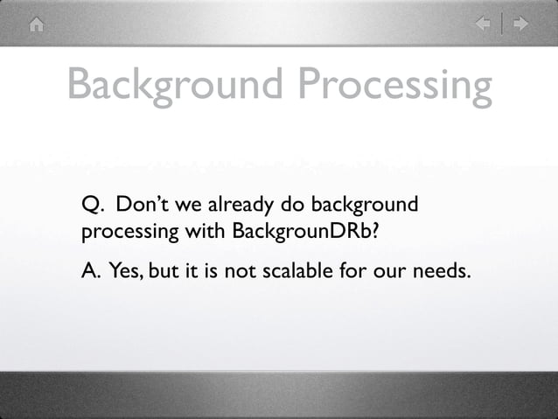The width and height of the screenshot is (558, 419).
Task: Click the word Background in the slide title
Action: point(174,87)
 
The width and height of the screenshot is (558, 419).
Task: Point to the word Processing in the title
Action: point(393,87)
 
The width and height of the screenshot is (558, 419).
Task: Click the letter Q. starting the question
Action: point(92,206)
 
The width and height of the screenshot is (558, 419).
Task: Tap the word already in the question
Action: point(238,206)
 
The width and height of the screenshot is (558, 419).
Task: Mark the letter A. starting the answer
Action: point(91,272)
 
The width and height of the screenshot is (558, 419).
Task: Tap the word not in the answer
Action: point(234,272)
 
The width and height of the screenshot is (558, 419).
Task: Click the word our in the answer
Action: point(382,274)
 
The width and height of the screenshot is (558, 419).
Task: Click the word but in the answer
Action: point(164,272)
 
